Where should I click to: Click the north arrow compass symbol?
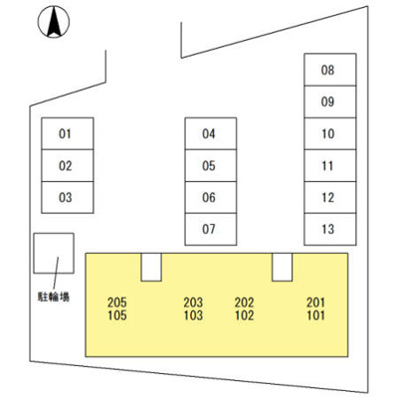point(54,22)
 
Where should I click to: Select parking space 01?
point(68,133)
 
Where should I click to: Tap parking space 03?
point(68,197)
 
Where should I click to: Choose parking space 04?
point(211,133)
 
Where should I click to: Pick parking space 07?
point(211,229)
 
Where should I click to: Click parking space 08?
point(330,70)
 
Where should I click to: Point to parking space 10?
point(330,133)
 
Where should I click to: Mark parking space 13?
point(330,229)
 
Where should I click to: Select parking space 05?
point(211,165)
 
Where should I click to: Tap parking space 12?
point(330,197)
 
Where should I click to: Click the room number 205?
point(117,302)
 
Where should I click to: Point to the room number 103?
point(193,315)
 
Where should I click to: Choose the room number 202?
point(245,302)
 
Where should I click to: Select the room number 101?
point(315,315)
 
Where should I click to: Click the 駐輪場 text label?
point(54,297)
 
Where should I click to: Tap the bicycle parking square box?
point(54,253)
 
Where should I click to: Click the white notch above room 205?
point(151,268)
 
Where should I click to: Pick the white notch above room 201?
point(282,268)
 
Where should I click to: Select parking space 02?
point(68,165)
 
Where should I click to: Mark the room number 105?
point(117,315)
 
